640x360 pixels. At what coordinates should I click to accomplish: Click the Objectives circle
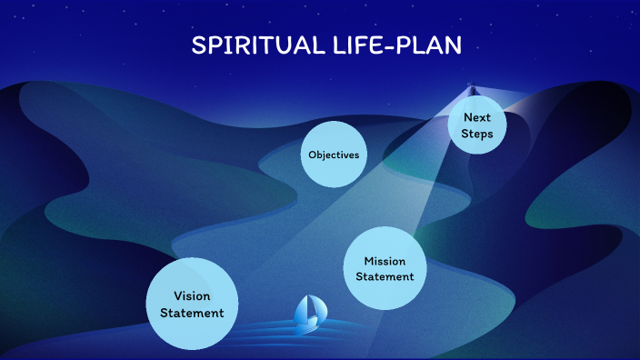pyautogui.click(x=334, y=155)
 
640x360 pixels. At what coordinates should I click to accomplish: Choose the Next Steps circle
pyautogui.click(x=477, y=125)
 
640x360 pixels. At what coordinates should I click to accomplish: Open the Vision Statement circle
pyautogui.click(x=192, y=304)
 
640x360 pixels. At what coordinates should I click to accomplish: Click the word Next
pyautogui.click(x=477, y=117)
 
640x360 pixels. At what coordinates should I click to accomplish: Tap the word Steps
pyautogui.click(x=477, y=135)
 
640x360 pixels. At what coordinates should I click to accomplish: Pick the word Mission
pyautogui.click(x=385, y=262)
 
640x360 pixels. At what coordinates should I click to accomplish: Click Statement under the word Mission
pyautogui.click(x=385, y=277)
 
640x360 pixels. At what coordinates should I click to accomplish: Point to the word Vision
pyautogui.click(x=192, y=295)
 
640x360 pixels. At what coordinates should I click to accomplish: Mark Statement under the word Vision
pyautogui.click(x=192, y=313)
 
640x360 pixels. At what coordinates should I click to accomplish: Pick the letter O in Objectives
pyautogui.click(x=312, y=155)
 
